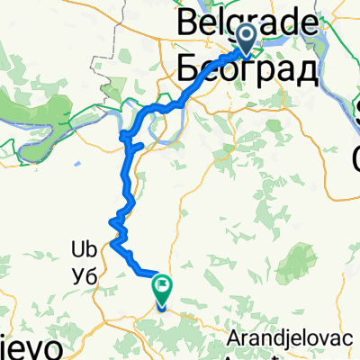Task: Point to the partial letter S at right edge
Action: point(355,112)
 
